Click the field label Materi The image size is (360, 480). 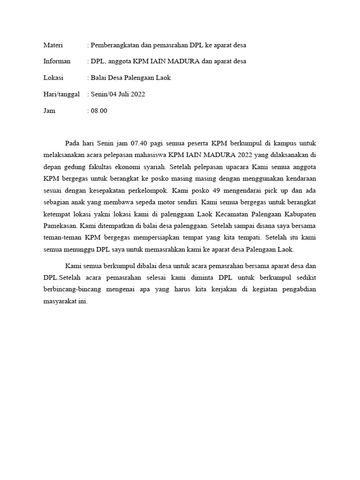coord(53,45)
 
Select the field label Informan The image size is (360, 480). coord(57,61)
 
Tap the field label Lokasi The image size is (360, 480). coord(53,78)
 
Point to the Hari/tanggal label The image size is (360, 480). coord(62,94)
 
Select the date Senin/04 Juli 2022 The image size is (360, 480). coord(118,94)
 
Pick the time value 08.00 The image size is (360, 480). coord(99,111)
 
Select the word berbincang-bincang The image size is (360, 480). coord(71,289)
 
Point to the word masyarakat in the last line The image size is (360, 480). coord(61,301)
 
